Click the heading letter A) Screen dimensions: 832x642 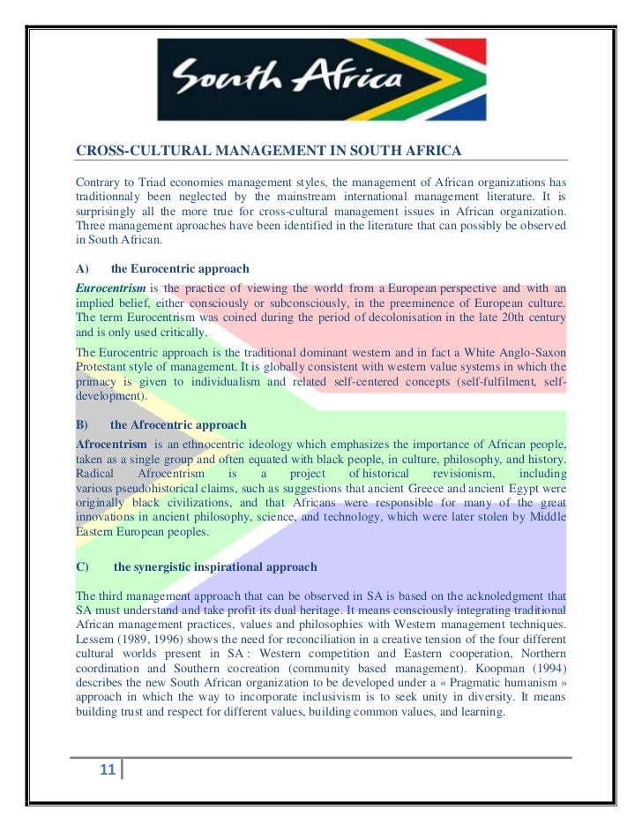82,268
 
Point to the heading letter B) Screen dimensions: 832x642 82,425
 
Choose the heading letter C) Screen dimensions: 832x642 82,566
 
